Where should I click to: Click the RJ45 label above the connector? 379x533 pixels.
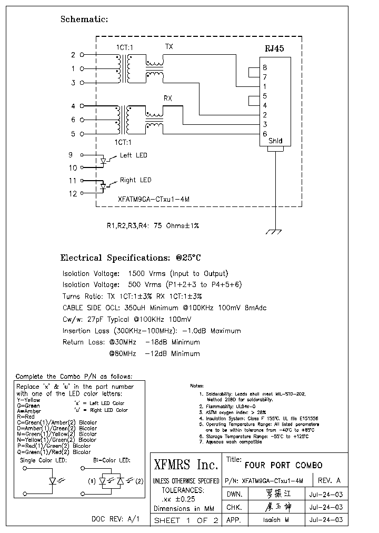[274, 48]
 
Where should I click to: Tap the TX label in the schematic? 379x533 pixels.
[169, 47]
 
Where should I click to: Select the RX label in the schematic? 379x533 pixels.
[168, 98]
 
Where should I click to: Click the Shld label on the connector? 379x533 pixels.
[275, 141]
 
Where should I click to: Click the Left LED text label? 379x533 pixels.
[134, 155]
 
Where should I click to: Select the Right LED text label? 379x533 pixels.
[135, 180]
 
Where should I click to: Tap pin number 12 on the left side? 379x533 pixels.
[73, 194]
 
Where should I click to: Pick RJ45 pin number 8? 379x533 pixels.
[264, 67]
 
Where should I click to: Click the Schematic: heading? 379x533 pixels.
[84, 19]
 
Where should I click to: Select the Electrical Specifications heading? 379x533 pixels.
[131, 258]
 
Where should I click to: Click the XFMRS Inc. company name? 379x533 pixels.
[186, 465]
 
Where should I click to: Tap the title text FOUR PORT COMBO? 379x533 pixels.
[284, 466]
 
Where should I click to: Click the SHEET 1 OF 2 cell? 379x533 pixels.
[186, 520]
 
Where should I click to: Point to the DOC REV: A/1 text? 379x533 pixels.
[116, 519]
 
